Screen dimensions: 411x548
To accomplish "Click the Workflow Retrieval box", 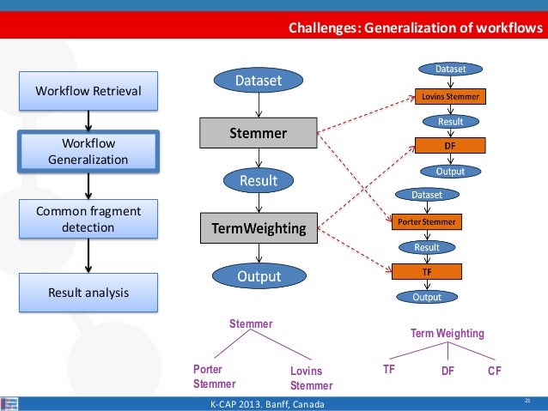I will pos(87,90).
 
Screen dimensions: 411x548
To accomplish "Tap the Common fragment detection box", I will pos(87,220).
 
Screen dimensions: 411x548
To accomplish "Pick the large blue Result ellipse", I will pos(258,180).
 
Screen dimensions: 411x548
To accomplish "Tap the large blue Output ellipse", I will pos(258,276).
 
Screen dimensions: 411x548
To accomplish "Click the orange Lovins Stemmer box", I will pos(450,96).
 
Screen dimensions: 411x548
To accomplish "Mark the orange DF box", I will pos(450,146).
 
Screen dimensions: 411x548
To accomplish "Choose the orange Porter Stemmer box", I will pos(427,222).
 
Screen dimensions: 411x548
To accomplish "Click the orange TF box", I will pos(427,272).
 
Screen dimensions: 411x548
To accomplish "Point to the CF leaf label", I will pos(494,371).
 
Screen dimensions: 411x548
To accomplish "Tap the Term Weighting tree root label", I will pos(447,333).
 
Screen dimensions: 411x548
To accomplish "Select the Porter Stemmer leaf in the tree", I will pos(210,377).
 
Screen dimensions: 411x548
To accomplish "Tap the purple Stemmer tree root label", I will pos(250,324).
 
